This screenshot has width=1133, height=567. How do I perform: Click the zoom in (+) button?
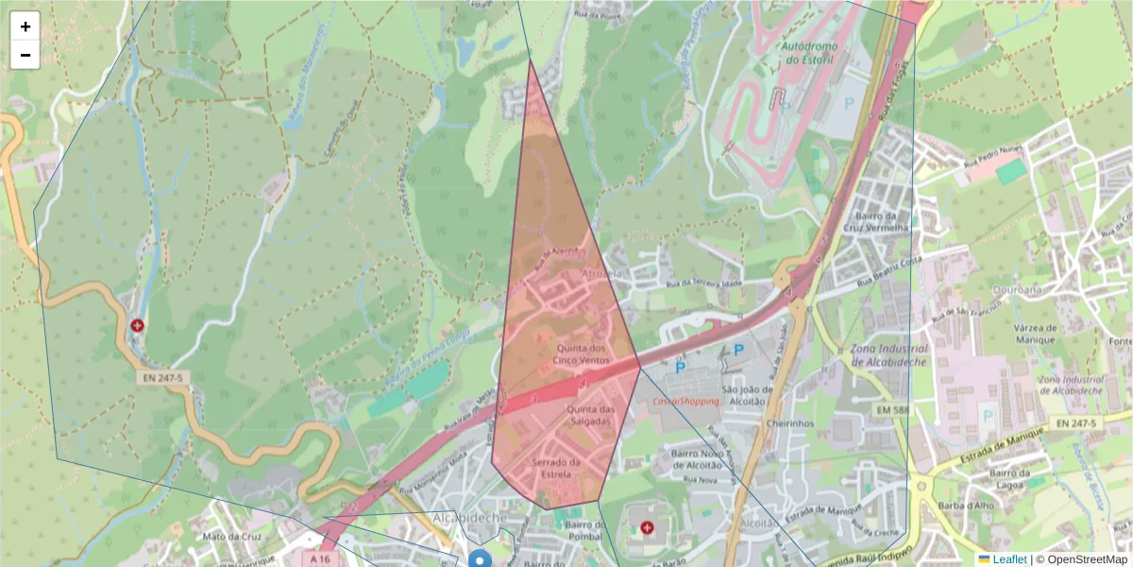point(25,26)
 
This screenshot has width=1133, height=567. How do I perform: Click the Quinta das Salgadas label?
point(590,416)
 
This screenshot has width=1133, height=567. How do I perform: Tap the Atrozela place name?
point(604,274)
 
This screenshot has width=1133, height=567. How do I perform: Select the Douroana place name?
point(1020,290)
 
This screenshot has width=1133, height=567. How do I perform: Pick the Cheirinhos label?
point(790,423)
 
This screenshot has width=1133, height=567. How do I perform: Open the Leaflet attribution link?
point(1009,559)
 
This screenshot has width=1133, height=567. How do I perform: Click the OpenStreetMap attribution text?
point(1081,559)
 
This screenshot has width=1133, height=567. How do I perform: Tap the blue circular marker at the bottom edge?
point(481,560)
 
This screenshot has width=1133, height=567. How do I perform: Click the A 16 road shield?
point(321,558)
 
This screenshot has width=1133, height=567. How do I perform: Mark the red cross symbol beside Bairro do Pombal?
point(647,527)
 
